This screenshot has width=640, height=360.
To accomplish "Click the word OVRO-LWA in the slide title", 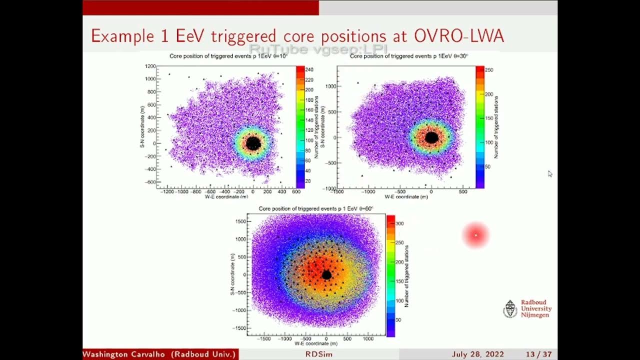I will [x=459, y=36].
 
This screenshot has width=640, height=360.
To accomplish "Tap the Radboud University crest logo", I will [x=509, y=309].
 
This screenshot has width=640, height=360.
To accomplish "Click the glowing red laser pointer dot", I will [x=475, y=235].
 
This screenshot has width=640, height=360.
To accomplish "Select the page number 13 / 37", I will [x=538, y=354].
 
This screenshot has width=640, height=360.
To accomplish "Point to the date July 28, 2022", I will [x=477, y=354].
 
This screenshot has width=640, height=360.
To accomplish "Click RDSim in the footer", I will [x=319, y=354].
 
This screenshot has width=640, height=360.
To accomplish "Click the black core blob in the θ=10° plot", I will [x=253, y=143].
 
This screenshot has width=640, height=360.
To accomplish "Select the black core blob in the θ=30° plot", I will [x=431, y=137].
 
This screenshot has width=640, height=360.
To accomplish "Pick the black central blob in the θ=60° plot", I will [x=326, y=275].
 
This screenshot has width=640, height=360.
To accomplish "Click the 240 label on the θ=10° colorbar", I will [x=309, y=70].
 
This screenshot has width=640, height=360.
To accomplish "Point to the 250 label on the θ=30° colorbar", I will [x=489, y=70].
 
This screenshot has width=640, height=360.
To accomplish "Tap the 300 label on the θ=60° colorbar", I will [x=399, y=223].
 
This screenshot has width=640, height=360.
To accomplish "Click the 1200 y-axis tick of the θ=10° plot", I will [x=150, y=66].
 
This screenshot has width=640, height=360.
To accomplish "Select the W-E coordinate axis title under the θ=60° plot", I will [x=315, y=343].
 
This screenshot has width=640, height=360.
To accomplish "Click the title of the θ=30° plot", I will [x=408, y=56].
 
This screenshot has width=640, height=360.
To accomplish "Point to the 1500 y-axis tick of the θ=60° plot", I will [x=240, y=221].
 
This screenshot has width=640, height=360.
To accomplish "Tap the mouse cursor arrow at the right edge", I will [x=549, y=173].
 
